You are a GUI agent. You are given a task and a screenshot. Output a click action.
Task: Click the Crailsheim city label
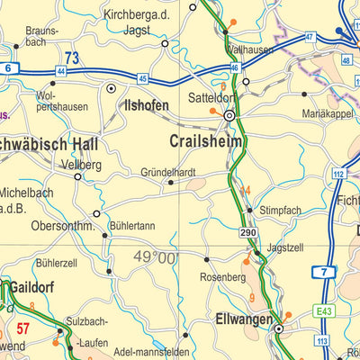210,140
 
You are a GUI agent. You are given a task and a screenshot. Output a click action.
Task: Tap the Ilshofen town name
147,105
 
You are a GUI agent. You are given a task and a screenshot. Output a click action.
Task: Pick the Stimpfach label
280,209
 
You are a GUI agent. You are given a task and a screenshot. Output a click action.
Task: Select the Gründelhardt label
168,172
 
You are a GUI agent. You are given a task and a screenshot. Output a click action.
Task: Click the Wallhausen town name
250,50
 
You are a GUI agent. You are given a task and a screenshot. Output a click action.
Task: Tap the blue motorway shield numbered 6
8,68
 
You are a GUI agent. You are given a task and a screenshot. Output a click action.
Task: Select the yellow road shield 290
248,233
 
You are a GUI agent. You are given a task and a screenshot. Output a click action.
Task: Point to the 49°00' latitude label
157,257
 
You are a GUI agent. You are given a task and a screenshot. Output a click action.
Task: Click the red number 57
24,328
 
